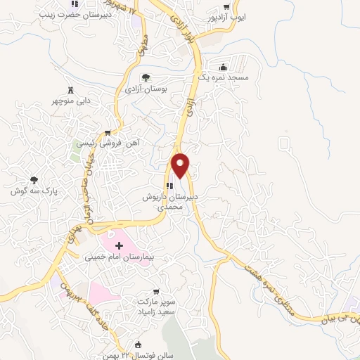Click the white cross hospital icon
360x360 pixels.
coord(118,245)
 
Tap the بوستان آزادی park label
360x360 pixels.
coord(143,89)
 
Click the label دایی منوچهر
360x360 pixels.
coord(70,101)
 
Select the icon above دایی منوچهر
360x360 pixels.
coord(70,89)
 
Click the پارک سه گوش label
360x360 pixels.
coord(33,191)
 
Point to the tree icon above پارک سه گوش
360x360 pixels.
coord(34,179)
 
